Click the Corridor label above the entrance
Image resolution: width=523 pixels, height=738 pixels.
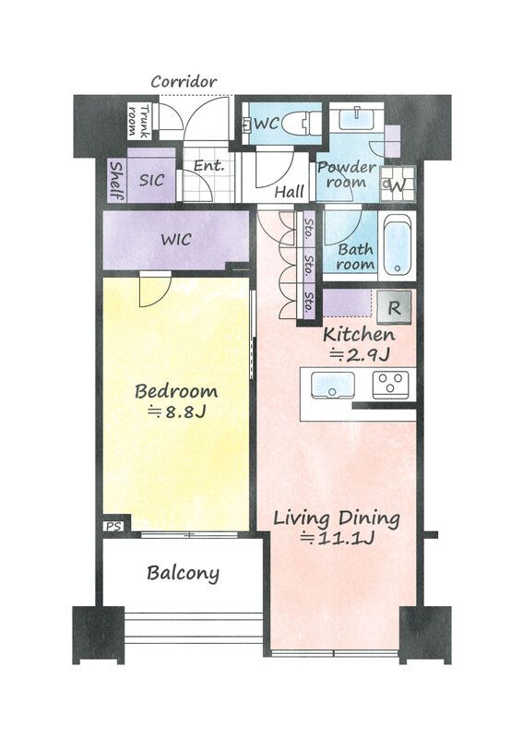click(184, 82)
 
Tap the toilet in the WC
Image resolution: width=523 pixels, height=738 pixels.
click(303, 124)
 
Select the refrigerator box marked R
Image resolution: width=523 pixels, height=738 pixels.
click(394, 307)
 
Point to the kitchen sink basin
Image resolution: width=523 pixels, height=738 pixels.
click(333, 385)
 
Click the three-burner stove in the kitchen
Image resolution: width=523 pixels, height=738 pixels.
click(391, 385)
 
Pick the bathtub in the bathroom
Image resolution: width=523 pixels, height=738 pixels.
click(397, 247)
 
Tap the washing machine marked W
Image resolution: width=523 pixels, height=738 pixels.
click(398, 184)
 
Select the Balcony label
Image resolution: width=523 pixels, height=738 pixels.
click(183, 573)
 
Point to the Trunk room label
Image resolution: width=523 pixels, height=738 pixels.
click(139, 121)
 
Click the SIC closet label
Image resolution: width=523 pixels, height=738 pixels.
click(151, 180)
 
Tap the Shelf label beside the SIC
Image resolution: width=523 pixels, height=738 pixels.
click(116, 180)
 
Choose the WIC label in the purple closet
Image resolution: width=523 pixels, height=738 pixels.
click(176, 240)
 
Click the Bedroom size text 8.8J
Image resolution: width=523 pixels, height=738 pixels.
click(176, 412)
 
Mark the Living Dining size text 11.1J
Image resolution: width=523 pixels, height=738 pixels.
click(337, 538)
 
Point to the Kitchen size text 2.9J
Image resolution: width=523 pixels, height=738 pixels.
click(359, 355)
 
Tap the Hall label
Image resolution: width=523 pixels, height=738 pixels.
click(289, 192)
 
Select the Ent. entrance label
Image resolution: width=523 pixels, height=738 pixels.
click(208, 166)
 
